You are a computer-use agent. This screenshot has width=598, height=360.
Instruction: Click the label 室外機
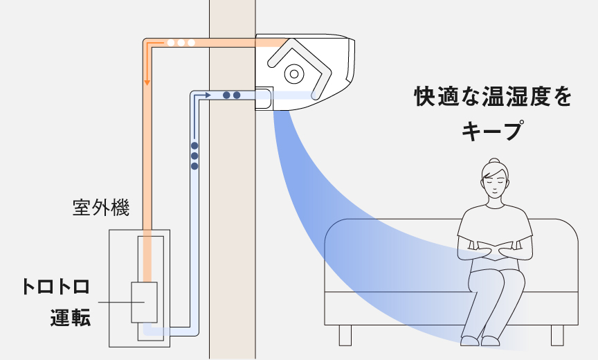pos(101,208)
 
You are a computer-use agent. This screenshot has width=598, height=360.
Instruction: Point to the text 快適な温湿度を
pos(493,96)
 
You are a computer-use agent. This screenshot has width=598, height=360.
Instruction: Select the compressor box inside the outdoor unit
pos(144,303)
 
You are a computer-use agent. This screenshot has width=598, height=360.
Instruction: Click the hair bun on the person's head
pos(494,162)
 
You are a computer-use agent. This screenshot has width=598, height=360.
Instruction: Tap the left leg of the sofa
pos(345,335)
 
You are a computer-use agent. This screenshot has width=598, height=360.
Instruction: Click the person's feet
pos(481,341)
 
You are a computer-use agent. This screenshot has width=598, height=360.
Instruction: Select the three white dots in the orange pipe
pos(181,42)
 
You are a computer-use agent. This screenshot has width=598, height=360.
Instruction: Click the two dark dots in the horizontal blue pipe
pos(232,95)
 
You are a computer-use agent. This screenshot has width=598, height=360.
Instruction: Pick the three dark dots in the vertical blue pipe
pos(194,156)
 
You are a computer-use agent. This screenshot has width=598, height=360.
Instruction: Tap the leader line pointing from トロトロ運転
pos(114,303)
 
